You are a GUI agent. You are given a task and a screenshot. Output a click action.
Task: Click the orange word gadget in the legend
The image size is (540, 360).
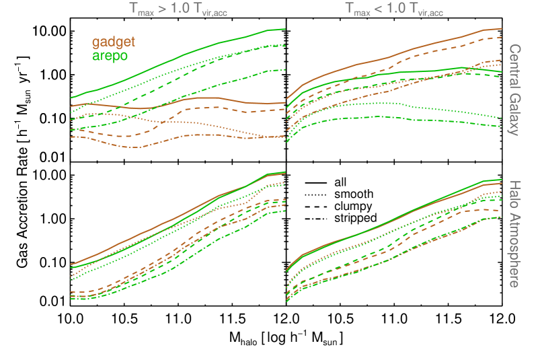114,42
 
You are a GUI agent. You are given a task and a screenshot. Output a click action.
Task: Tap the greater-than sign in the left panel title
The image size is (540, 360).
163,9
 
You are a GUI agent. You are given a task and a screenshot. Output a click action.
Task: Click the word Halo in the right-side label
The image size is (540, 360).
514,196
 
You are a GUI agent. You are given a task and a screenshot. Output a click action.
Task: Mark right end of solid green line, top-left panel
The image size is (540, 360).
286,29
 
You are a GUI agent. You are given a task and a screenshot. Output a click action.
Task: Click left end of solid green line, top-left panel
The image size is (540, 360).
71,98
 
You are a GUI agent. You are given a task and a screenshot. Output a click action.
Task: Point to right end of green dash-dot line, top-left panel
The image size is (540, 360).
286,69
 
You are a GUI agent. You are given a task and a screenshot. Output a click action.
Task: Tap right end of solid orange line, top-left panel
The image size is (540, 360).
286,103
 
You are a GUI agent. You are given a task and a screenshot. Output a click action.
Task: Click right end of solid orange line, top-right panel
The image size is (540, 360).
502,28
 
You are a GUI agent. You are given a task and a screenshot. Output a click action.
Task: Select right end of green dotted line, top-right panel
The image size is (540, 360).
502,118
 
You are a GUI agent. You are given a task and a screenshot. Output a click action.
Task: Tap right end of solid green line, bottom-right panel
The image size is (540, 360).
502,180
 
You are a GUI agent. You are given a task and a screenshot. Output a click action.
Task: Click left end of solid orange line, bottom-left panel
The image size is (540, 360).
71,264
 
